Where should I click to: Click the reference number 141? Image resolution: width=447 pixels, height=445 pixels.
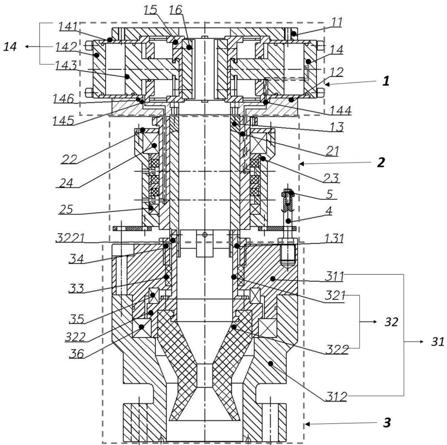point(68,26)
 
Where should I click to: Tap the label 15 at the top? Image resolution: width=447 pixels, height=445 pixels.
point(150,10)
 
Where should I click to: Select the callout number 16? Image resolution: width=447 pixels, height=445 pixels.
point(176,10)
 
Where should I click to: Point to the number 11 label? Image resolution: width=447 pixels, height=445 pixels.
point(337,22)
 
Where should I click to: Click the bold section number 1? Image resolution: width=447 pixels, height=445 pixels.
point(386,81)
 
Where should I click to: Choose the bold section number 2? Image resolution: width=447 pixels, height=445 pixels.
point(381,163)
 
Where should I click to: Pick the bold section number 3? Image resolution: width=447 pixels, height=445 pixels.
point(387,423)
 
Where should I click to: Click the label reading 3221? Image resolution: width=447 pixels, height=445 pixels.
point(70,238)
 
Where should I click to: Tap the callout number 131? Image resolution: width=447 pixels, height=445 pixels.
point(334,238)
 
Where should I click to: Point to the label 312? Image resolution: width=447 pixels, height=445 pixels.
point(337,397)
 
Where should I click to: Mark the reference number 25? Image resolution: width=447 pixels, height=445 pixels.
point(66,210)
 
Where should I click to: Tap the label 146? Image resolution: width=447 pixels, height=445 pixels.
point(63,99)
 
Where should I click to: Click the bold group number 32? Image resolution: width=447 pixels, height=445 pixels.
point(391,322)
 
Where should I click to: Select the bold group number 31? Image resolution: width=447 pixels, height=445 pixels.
point(438,342)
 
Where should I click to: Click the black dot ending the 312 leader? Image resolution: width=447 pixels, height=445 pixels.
point(270,364)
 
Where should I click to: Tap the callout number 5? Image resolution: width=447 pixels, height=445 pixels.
point(329,194)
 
